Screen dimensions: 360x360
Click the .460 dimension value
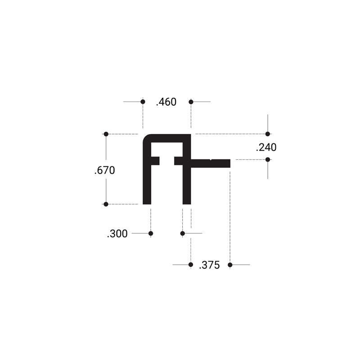[x=166, y=102]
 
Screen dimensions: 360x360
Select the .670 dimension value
[x=105, y=171]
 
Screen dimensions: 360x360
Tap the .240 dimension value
[x=266, y=147]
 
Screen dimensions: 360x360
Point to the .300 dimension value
[x=117, y=234]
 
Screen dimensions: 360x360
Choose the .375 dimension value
[x=209, y=265]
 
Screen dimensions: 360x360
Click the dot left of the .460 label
[x=143, y=102]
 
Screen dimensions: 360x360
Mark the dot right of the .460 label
[x=191, y=102]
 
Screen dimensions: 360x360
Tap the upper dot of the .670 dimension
[x=106, y=134]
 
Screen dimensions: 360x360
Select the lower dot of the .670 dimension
[x=106, y=204]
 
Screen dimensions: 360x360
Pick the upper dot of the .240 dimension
[x=268, y=134]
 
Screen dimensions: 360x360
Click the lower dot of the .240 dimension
[x=268, y=159]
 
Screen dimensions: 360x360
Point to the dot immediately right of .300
[x=151, y=233]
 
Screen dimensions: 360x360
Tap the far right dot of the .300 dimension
[x=182, y=233]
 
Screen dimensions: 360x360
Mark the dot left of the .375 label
[x=190, y=265]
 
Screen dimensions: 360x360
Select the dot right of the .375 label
[x=230, y=265]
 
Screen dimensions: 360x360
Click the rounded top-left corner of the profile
[x=147, y=138]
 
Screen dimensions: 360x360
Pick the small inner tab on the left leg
[x=155, y=161]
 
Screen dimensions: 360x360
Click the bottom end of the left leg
[x=147, y=202]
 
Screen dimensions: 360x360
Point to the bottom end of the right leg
[x=187, y=202]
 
